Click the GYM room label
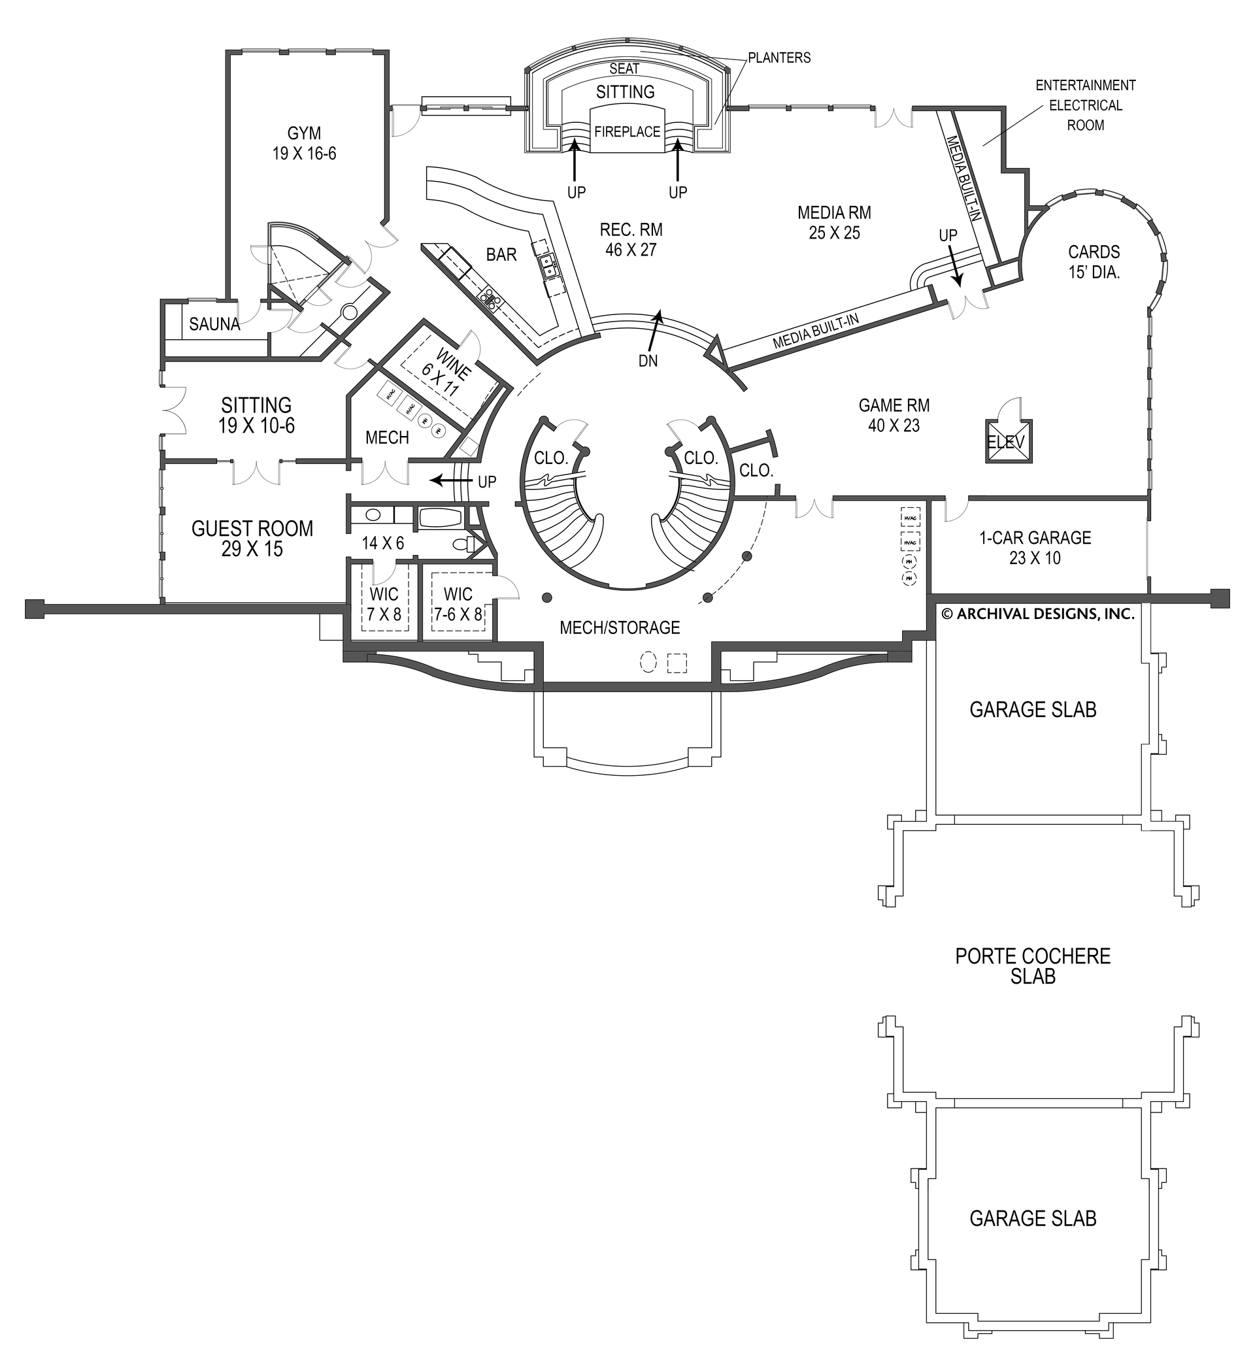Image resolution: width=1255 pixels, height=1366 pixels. tap(304, 143)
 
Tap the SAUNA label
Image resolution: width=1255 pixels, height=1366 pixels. tap(214, 325)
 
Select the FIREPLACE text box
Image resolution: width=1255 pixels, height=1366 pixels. tap(627, 132)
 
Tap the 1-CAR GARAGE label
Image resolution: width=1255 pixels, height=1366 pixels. tap(1034, 548)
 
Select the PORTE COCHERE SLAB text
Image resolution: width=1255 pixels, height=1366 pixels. tap(1033, 966)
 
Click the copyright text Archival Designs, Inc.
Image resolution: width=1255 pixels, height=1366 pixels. tap(1039, 614)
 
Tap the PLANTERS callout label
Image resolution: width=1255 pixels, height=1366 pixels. tap(779, 58)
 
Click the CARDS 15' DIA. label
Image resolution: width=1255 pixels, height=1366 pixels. tap(1094, 261)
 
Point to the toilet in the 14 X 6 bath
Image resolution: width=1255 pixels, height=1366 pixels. tap(463, 544)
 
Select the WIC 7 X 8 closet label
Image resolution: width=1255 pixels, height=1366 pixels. tap(384, 603)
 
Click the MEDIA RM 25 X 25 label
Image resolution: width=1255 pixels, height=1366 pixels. tap(834, 223)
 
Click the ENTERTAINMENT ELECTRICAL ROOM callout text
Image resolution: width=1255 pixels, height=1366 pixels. tap(1085, 105)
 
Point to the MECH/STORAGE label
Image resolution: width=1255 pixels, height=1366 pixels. tap(620, 627)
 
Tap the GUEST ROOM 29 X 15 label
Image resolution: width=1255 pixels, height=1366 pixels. tap(252, 539)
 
